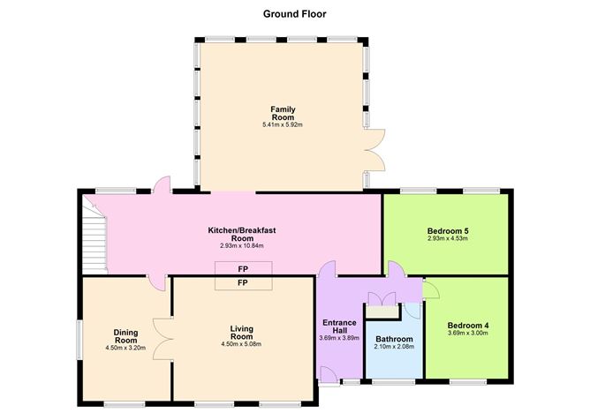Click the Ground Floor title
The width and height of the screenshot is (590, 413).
pyautogui.click(x=295, y=14)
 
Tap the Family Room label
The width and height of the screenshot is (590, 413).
pyautogui.click(x=283, y=113)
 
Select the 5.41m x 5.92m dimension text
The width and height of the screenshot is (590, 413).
pyautogui.click(x=283, y=124)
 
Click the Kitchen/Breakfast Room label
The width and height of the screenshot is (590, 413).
pyautogui.click(x=242, y=234)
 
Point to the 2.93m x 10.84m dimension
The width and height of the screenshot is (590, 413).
pyautogui.click(x=242, y=246)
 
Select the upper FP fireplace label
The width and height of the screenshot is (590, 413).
pyautogui.click(x=243, y=269)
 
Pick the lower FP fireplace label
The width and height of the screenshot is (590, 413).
pyautogui.click(x=243, y=282)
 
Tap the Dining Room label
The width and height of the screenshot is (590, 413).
pyautogui.click(x=126, y=336)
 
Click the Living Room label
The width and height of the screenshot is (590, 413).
pyautogui.click(x=242, y=333)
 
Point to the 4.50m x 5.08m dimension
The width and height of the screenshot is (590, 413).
pyautogui.click(x=242, y=344)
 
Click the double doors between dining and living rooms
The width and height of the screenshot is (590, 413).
pyautogui.click(x=163, y=340)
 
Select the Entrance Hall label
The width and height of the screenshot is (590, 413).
pyautogui.click(x=339, y=327)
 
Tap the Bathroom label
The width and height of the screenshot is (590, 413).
pyautogui.click(x=394, y=339)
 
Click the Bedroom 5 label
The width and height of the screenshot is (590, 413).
pyautogui.click(x=448, y=230)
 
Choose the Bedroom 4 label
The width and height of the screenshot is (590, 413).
pyautogui.click(x=468, y=326)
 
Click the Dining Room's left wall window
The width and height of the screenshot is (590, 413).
pyautogui.click(x=79, y=340)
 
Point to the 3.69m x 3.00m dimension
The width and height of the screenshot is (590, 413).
pyautogui.click(x=468, y=333)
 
